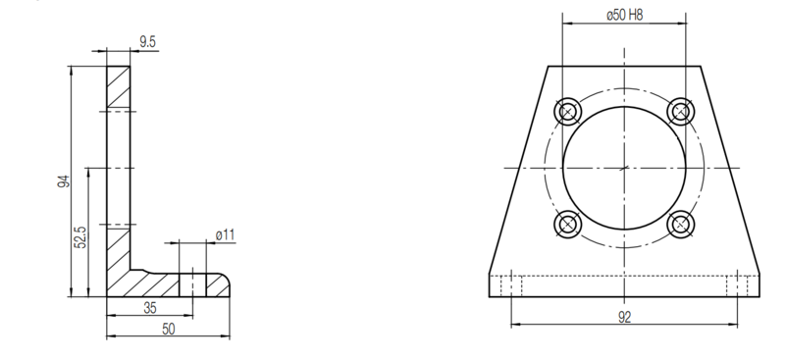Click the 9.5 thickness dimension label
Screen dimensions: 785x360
(x=148, y=42)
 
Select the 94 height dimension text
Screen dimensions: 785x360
(x=64, y=181)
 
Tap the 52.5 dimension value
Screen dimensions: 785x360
(x=80, y=237)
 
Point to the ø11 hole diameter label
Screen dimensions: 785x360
(x=226, y=234)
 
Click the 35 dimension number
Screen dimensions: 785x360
(x=150, y=308)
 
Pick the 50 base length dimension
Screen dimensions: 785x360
(x=169, y=329)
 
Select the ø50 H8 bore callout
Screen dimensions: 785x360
(x=624, y=15)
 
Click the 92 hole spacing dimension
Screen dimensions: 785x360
(x=624, y=317)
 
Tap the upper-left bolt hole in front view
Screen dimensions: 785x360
(x=568, y=112)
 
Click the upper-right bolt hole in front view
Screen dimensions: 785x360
(x=680, y=112)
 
